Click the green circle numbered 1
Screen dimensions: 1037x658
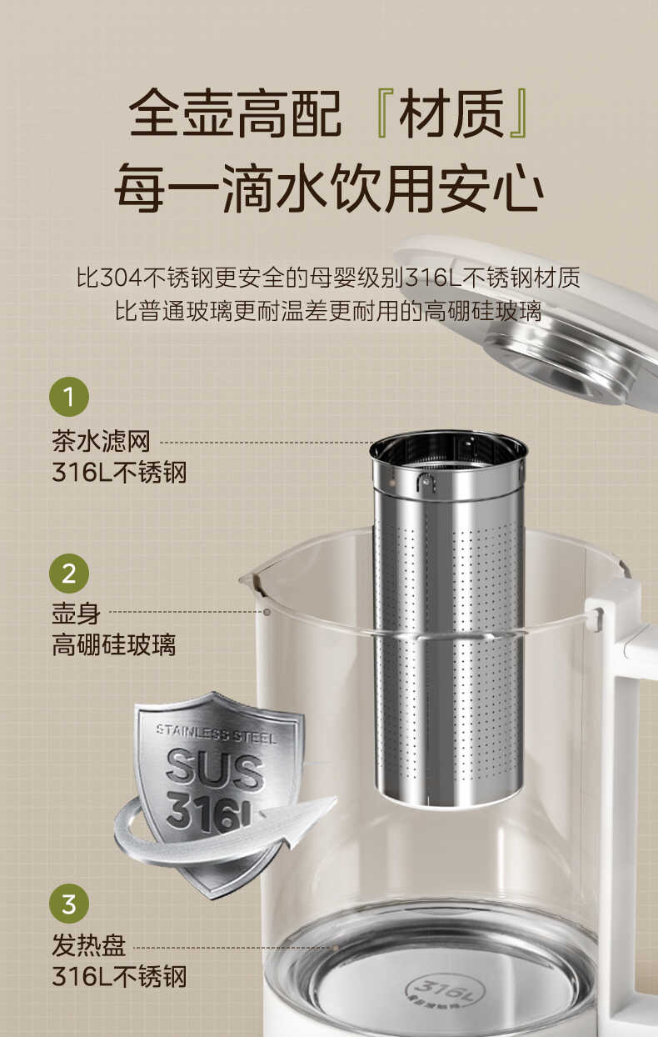[69, 397]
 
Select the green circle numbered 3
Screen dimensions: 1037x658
[69, 904]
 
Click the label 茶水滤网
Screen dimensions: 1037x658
[101, 442]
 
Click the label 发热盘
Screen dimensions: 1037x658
[88, 946]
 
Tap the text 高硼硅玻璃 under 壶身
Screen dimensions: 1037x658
[114, 644]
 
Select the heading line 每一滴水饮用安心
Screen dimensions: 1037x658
[328, 188]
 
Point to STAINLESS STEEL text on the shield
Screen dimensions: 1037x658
[215, 734]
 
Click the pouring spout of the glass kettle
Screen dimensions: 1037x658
[250, 577]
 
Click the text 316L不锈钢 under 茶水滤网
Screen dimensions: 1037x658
[119, 473]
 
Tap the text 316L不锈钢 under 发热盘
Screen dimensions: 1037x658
[119, 976]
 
